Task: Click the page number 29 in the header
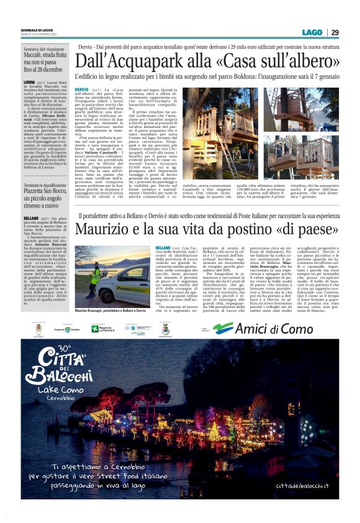click(334, 32)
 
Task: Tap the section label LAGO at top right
click(312, 32)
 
